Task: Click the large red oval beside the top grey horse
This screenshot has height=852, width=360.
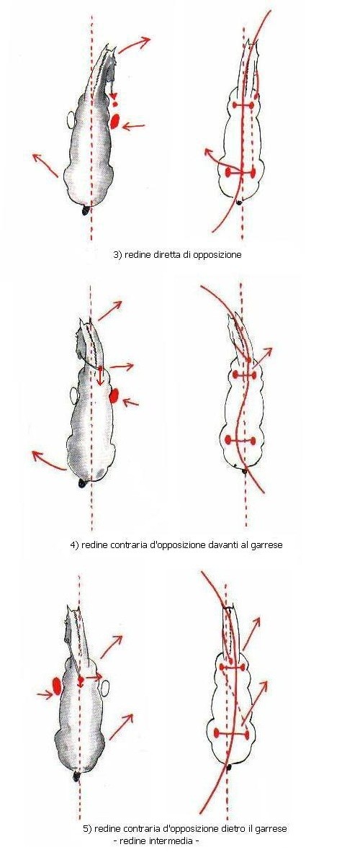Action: [114, 120]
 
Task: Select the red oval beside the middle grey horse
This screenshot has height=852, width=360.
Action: [114, 395]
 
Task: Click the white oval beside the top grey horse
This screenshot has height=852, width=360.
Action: [71, 118]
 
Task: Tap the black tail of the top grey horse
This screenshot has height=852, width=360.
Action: [86, 211]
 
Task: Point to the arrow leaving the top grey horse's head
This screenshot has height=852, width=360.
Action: [134, 45]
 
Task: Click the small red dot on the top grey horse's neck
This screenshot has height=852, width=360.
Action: [114, 103]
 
